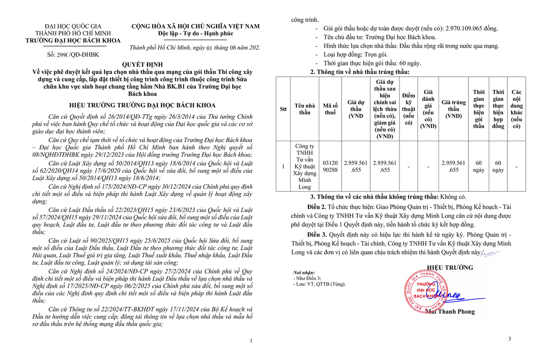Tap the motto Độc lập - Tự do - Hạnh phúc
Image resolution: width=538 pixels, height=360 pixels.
195,34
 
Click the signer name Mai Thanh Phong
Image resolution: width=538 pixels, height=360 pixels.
449,312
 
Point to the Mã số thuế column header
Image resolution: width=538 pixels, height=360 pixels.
330,109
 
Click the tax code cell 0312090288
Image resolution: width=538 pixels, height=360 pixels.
330,166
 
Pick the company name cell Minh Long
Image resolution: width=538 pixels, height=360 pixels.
305,166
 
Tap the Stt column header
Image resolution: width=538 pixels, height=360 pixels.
283,109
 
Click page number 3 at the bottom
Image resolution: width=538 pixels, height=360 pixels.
509,339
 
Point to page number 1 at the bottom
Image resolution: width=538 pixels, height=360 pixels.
251,341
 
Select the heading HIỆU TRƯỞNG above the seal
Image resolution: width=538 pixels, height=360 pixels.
453,268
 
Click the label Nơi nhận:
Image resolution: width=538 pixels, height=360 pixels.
304,273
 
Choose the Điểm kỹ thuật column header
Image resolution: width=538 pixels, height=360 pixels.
408,109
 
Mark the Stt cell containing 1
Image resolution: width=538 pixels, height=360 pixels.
283,166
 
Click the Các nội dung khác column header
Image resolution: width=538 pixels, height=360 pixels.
516,109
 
